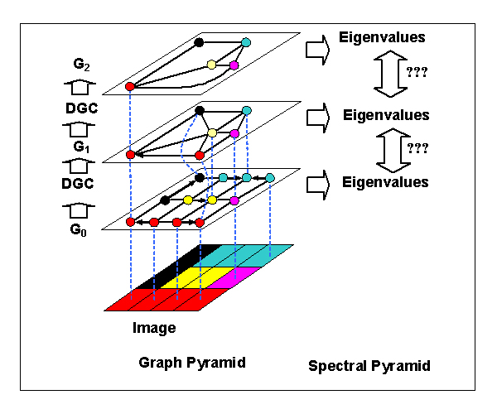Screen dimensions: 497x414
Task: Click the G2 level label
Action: [x=81, y=65]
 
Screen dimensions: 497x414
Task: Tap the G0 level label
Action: [x=79, y=230]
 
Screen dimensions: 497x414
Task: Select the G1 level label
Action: [x=81, y=147]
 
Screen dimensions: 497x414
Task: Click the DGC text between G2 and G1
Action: [x=82, y=108]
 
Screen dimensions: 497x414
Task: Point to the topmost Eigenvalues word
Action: [x=382, y=37]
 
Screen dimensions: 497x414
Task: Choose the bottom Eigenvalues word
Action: [x=385, y=182]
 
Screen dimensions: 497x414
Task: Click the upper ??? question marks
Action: [x=417, y=72]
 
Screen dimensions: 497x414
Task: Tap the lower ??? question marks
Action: [x=417, y=148]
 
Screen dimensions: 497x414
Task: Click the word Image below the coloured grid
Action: [x=154, y=328]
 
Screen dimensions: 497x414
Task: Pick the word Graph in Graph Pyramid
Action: [x=161, y=363]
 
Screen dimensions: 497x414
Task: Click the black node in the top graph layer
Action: [x=199, y=42]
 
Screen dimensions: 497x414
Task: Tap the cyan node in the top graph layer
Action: [x=246, y=42]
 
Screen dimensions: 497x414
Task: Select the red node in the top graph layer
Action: [x=130, y=86]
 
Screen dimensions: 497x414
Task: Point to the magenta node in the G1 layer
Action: [x=234, y=133]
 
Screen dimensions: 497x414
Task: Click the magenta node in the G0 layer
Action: [x=234, y=200]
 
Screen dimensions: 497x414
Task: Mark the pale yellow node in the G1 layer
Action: [x=212, y=133]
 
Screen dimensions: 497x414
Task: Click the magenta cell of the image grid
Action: [x=234, y=278]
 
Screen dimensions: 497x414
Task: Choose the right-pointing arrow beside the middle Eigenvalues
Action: [x=318, y=118]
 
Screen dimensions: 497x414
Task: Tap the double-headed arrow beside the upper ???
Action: [x=390, y=74]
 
